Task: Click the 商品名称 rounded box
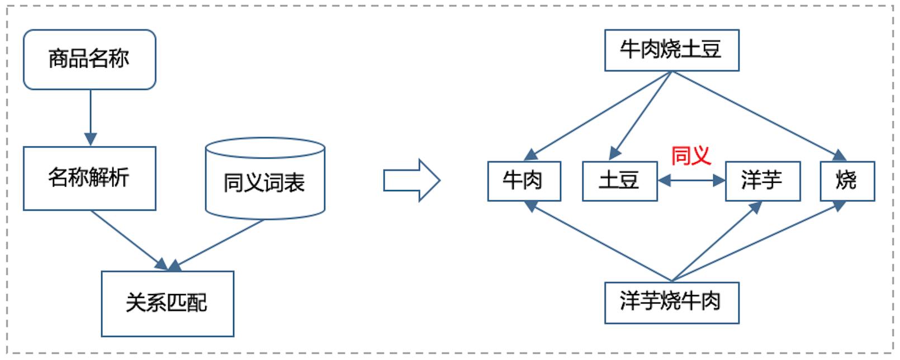[89, 59]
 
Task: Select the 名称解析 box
[89, 178]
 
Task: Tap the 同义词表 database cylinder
[265, 180]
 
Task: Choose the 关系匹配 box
[167, 304]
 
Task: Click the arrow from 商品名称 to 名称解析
[91, 117]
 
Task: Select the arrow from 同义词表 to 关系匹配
[218, 243]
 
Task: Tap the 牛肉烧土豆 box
[671, 50]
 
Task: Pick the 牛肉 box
[524, 181]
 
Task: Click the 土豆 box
[619, 181]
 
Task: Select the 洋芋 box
[762, 181]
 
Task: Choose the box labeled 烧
[847, 181]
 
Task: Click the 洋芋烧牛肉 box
[671, 302]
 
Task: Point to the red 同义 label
[691, 155]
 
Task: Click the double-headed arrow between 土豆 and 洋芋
[691, 180]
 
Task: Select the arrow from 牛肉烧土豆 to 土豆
[641, 116]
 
